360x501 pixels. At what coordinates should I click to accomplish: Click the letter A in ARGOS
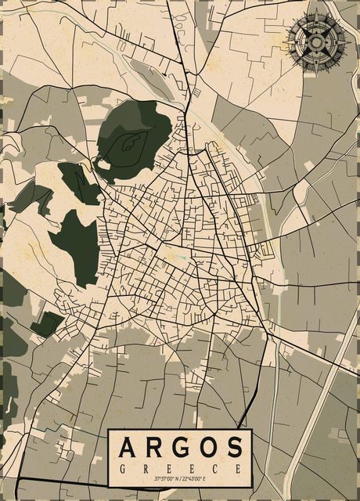point(129,448)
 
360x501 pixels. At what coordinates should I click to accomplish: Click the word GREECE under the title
point(180,467)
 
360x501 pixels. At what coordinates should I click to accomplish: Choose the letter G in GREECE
point(123,467)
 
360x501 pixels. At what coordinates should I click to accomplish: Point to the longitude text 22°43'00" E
point(195,478)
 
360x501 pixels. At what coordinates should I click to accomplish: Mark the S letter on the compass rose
point(316,63)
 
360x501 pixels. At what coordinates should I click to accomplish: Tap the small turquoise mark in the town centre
point(182,257)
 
